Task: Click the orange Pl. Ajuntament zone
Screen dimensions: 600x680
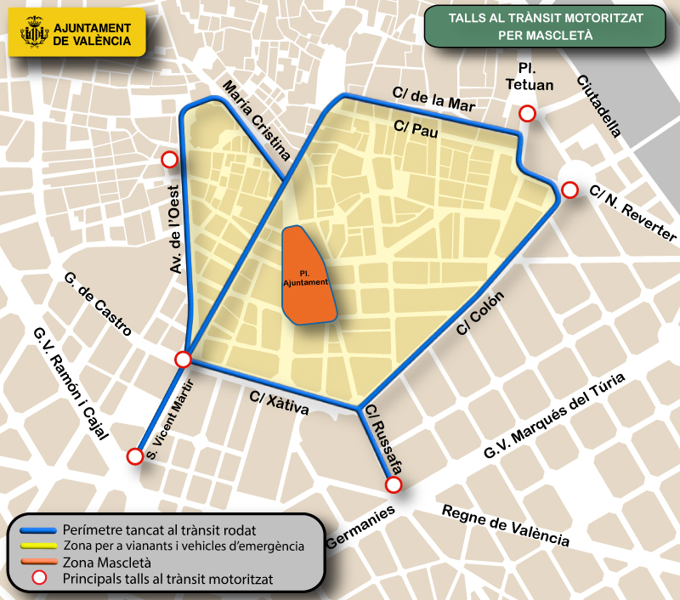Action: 307,277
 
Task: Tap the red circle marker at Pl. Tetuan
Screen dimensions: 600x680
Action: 528,114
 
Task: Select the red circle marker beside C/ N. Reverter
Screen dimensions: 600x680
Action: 569,190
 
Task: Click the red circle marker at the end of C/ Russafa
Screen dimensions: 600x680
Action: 393,484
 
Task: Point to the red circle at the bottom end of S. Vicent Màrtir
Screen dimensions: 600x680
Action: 134,456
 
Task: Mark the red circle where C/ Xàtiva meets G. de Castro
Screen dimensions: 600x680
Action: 183,359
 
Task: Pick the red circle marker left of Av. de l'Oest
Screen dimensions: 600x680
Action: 169,159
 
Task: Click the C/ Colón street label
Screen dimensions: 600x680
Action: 481,314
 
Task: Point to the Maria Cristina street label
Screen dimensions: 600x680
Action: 255,120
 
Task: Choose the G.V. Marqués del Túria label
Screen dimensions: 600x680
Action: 553,416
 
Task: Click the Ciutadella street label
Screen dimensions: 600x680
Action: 598,106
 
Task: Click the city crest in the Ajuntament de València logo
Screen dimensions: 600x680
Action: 34,34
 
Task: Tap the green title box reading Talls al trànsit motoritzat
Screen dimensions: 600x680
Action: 545,25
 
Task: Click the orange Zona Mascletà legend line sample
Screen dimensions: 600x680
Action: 37,563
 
